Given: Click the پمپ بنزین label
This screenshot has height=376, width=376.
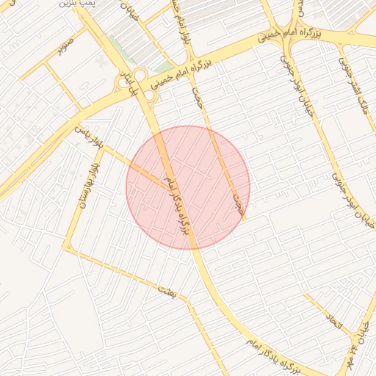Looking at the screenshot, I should coord(76,4).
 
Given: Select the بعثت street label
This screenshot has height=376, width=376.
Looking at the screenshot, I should coord(167,292).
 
